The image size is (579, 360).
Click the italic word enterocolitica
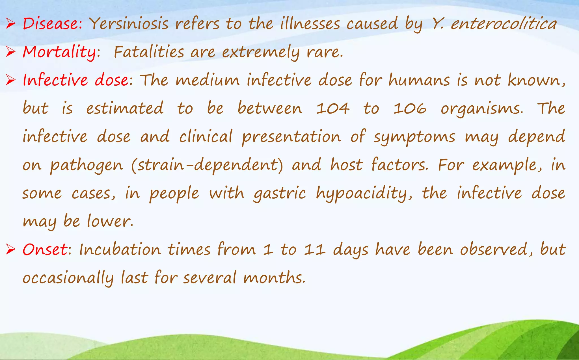tap(504, 24)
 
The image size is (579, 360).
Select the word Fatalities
tap(149, 52)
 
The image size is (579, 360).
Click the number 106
tap(410, 109)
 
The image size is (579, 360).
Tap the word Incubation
tap(120, 250)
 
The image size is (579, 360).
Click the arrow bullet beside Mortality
tap(10, 52)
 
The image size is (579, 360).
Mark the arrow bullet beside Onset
tap(10, 250)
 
